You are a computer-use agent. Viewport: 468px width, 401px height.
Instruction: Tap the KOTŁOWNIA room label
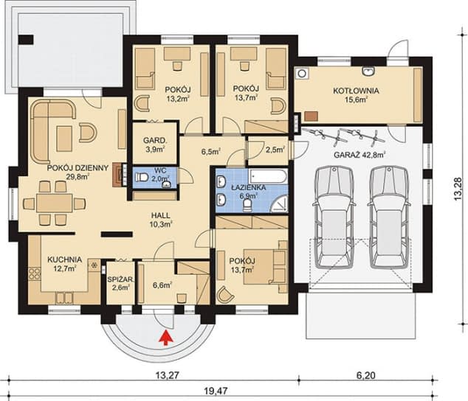point(356,91)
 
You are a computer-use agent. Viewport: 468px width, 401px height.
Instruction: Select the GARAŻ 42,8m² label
point(359,155)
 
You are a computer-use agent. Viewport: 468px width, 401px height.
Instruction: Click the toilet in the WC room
point(141,178)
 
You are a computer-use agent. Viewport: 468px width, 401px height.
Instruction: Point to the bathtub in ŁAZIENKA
point(268,176)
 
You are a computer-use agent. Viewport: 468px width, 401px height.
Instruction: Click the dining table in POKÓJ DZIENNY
point(55,203)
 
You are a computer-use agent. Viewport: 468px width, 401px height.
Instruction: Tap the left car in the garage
point(334,217)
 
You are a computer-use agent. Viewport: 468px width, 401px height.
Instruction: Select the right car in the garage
point(388,217)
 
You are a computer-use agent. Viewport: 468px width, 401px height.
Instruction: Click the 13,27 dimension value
point(167,374)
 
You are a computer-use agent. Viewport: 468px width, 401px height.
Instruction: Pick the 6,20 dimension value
point(366,374)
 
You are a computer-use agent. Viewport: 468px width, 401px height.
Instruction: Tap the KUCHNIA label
point(64,259)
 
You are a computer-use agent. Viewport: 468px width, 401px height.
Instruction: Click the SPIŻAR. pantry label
point(120,279)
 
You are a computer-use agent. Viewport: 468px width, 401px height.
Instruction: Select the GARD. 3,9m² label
point(154,144)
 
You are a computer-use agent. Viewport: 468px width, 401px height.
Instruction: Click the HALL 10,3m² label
point(161,220)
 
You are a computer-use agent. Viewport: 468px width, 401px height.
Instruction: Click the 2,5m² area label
point(275,150)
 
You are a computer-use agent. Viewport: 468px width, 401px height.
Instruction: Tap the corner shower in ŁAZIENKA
point(279,203)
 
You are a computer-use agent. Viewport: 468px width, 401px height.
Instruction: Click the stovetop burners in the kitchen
point(34,274)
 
